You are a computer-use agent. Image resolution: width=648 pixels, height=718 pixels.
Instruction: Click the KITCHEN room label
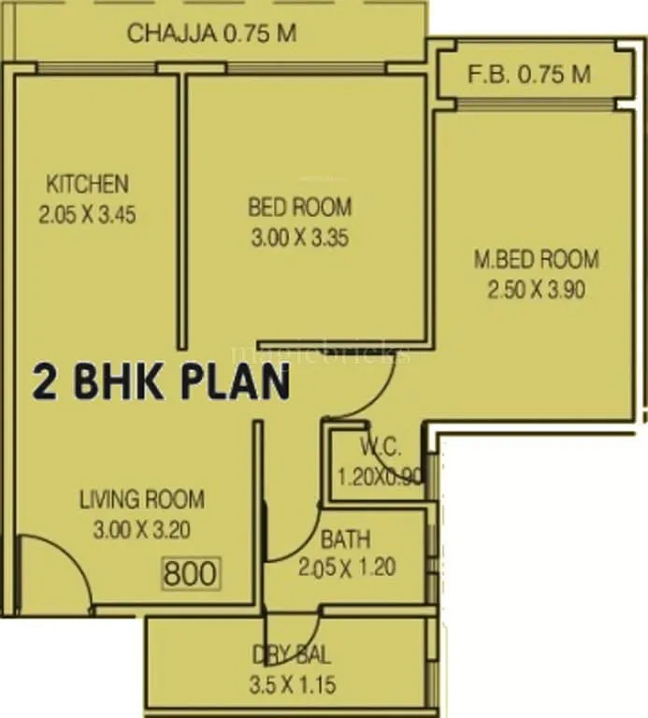[x=88, y=182]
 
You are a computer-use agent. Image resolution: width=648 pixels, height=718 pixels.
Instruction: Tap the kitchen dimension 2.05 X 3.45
[x=88, y=214]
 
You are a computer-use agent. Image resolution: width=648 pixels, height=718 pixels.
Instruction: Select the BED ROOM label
[x=299, y=207]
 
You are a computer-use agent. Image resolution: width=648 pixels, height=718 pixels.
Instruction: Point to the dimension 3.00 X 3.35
[x=299, y=237]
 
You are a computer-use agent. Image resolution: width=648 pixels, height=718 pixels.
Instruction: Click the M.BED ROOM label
[x=536, y=259]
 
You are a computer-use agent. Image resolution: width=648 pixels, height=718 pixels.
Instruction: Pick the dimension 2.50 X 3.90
[x=536, y=290]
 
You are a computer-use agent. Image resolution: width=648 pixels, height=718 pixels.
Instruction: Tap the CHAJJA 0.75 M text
[x=212, y=35]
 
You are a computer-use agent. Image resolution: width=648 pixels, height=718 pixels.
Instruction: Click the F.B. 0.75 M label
[x=530, y=75]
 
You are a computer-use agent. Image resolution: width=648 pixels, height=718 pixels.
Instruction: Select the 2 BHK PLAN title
[x=162, y=382]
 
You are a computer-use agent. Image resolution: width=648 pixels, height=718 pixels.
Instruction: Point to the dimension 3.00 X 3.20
[x=142, y=530]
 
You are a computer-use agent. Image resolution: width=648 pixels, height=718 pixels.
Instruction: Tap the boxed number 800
[x=190, y=572]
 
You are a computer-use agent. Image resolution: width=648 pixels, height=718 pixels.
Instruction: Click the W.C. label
[x=380, y=445]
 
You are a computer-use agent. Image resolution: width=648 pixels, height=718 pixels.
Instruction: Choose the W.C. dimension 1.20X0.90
[x=380, y=477]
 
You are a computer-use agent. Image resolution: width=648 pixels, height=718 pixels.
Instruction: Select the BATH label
[x=345, y=539]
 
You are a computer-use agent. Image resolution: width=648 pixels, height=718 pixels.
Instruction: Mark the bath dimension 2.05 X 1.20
[x=348, y=567]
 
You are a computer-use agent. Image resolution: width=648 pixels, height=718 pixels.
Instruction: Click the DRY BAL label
[x=291, y=654]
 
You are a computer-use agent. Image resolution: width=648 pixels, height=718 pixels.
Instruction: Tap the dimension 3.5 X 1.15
[x=294, y=684]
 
